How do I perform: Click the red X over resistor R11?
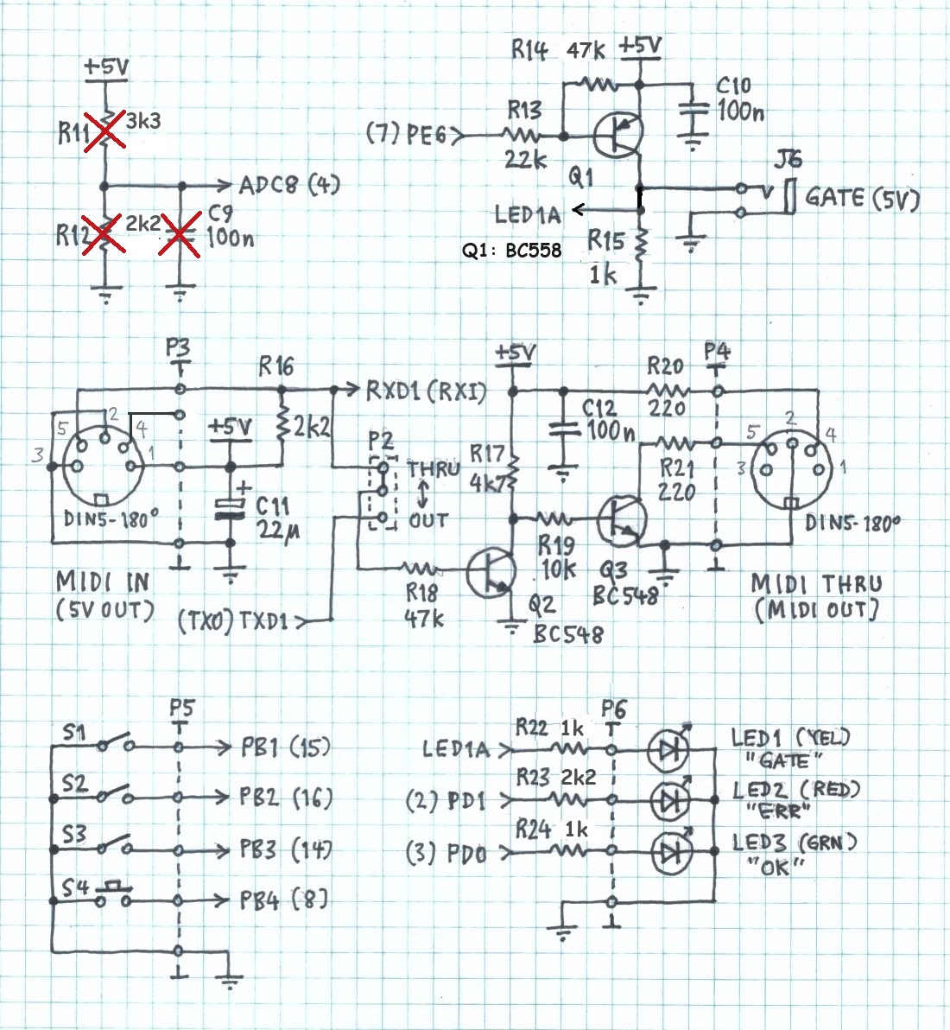pyautogui.click(x=103, y=133)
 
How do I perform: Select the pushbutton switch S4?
pyautogui.click(x=112, y=895)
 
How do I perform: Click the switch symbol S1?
pyautogui.click(x=112, y=745)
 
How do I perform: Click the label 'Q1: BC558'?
pyautogui.click(x=511, y=251)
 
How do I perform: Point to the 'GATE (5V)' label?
pyautogui.click(x=861, y=198)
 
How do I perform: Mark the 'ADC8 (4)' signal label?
pyautogui.click(x=289, y=185)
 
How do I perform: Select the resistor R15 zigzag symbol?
pyautogui.click(x=640, y=249)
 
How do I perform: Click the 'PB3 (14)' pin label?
pyautogui.click(x=285, y=849)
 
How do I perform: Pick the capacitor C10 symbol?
pyautogui.click(x=692, y=110)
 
